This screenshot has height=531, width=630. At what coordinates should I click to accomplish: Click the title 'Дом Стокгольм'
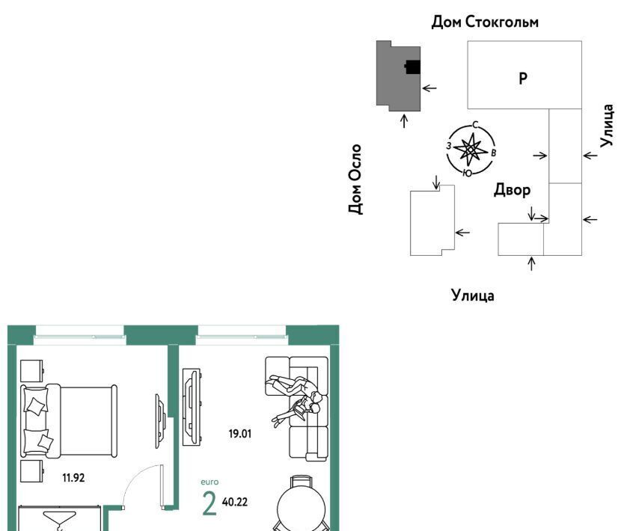(x=485, y=22)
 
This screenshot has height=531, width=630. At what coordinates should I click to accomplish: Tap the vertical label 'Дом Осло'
(x=355, y=179)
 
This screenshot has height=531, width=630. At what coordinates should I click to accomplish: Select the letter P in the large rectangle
(x=523, y=79)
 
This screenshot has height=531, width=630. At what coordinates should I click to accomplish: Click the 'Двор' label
(x=512, y=189)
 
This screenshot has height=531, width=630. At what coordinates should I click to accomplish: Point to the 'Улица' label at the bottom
(x=473, y=295)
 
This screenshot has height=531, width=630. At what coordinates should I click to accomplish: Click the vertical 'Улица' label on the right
(x=607, y=126)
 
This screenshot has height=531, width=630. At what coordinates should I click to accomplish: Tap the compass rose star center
(x=469, y=150)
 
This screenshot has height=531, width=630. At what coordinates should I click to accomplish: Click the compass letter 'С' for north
(x=475, y=125)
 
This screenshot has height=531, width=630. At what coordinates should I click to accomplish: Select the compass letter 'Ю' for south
(x=468, y=173)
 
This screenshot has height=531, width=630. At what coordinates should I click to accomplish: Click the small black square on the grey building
(x=413, y=67)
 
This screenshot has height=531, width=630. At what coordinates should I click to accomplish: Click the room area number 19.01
(x=240, y=434)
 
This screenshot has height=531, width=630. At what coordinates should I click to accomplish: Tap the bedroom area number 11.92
(x=73, y=478)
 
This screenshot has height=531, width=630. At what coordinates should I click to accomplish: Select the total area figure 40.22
(x=235, y=502)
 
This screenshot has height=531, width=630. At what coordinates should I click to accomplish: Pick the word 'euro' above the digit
(x=210, y=482)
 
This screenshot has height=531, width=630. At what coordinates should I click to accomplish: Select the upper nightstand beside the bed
(x=31, y=371)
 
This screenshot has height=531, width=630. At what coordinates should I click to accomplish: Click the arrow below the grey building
(x=404, y=121)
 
